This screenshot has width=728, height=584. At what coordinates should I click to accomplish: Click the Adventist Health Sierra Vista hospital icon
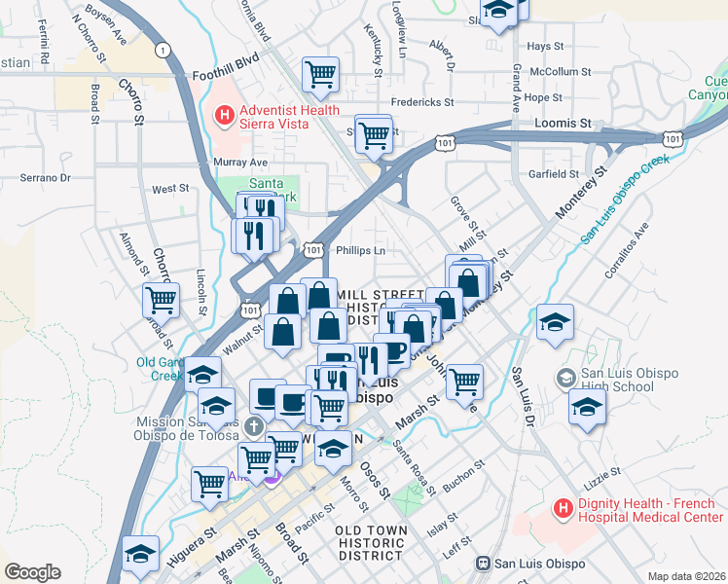pos(224,116)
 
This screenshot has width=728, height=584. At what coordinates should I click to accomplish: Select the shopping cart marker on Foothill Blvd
pos(320,74)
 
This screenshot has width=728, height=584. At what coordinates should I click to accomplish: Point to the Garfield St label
pos(553,174)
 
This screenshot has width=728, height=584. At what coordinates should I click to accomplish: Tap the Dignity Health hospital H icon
pos(562,508)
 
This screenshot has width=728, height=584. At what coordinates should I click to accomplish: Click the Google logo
pos(32,572)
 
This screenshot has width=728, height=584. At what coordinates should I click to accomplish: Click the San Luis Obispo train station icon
pos(481,564)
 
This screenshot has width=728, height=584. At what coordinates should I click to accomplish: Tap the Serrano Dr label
pos(46,178)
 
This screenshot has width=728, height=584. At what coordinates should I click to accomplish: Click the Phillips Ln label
pos(361,250)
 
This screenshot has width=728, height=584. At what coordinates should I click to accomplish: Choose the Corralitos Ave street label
pos(626,253)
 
